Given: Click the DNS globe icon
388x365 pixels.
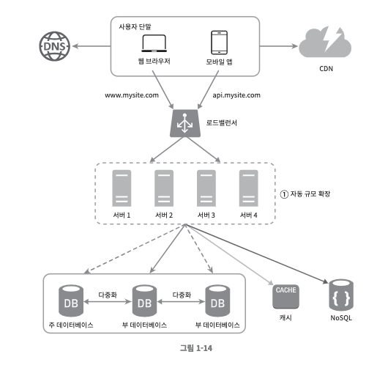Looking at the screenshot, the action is click(55, 46).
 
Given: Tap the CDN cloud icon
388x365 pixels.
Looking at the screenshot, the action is click(325, 42).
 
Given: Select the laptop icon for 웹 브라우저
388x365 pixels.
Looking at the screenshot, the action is click(154, 43).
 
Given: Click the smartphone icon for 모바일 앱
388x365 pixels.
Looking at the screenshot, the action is click(219, 43).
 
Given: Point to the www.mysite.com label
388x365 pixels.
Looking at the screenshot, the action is click(132, 95).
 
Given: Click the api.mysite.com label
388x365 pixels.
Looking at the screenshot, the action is click(236, 95).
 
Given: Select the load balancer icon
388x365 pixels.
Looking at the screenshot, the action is click(184, 123).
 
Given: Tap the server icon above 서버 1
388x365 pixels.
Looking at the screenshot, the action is click(122, 188).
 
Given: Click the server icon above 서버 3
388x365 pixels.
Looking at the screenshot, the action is click(206, 188).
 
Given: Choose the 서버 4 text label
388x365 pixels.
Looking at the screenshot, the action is click(248, 215).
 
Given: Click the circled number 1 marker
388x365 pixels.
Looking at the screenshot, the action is click(284, 194).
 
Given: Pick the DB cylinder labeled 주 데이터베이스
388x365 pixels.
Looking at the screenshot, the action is click(71, 301).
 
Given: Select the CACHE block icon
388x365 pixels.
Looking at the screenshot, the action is click(286, 297).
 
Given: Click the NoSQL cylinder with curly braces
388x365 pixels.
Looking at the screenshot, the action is click(341, 295).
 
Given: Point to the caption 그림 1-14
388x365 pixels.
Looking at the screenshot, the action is click(196, 348).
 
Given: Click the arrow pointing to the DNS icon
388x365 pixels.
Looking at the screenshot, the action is click(92, 46).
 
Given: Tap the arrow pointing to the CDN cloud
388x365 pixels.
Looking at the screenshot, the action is click(279, 46).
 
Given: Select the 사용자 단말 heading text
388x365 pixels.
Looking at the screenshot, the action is click(135, 26).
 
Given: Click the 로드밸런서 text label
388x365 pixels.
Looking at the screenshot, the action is click(222, 122).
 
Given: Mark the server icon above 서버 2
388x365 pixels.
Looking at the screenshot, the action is click(164, 188).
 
